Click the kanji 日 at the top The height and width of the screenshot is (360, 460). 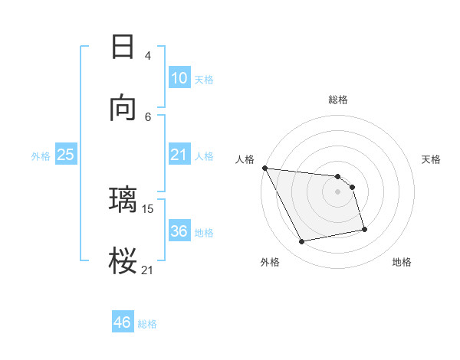[x=123, y=47]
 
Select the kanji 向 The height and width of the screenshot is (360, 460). [x=123, y=109]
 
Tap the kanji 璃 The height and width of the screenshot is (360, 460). [x=123, y=200]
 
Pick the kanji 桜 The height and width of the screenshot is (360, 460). [x=123, y=260]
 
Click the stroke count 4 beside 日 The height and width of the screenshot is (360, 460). [x=147, y=55]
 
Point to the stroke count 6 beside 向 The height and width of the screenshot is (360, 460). [x=147, y=116]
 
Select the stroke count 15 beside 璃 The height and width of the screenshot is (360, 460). [x=149, y=208]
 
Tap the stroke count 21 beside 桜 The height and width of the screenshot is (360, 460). [x=148, y=269]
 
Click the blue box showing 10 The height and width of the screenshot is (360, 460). [x=179, y=77]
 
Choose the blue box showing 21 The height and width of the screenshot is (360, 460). [x=179, y=155]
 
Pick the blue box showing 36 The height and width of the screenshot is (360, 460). [x=179, y=231]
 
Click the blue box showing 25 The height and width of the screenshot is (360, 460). [x=66, y=155]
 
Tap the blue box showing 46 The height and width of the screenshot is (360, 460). [x=123, y=322]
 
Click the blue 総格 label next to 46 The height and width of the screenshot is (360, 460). [x=147, y=324]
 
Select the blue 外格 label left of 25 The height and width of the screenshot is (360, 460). [x=41, y=156]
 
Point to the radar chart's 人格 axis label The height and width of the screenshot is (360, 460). [x=245, y=159]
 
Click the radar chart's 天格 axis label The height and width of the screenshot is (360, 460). [x=431, y=159]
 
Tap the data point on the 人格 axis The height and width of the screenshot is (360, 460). [x=264, y=168]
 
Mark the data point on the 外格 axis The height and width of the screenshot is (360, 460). [x=302, y=242]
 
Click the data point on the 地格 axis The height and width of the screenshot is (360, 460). [x=364, y=229]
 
